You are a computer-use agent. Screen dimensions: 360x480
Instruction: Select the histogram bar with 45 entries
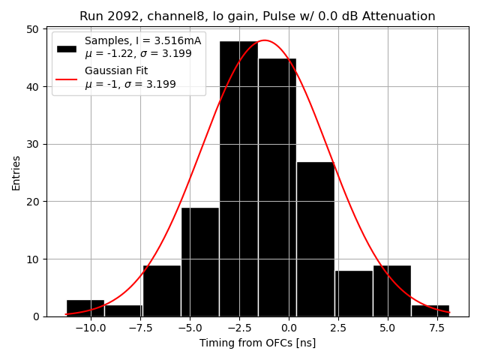277,187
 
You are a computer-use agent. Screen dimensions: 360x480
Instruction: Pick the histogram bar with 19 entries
200,262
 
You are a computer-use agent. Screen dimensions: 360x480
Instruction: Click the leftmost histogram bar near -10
85,308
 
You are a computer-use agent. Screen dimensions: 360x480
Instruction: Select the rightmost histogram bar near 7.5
430,310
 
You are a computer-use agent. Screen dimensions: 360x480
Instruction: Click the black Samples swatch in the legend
67,48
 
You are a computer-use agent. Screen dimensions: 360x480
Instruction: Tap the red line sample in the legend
67,78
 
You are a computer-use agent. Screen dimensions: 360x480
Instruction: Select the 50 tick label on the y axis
34,29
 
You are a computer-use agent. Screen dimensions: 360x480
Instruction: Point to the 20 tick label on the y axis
34,202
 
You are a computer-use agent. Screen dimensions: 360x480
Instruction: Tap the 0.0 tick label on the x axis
289,328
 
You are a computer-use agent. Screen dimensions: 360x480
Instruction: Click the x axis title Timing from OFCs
257,343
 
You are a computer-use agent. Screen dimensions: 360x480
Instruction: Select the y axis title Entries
16,173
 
